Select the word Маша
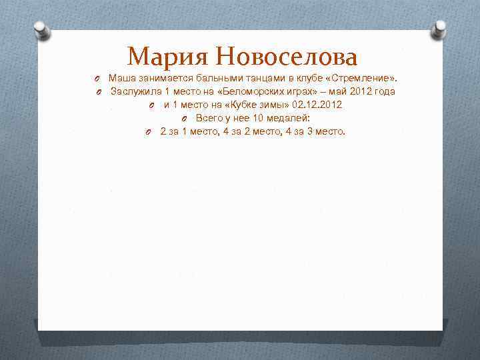point(121,78)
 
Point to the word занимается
point(163,78)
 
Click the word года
point(384,91)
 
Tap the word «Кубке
point(243,105)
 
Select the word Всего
point(210,118)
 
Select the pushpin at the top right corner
point(440,29)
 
